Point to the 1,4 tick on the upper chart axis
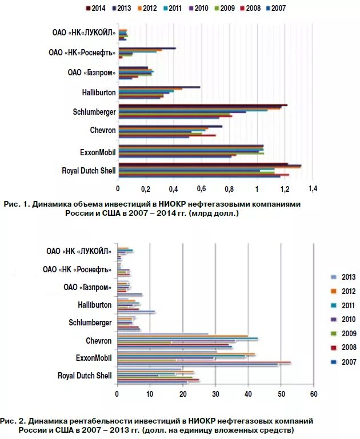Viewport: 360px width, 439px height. click(x=312, y=188)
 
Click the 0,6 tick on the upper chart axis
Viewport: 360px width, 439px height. click(x=201, y=188)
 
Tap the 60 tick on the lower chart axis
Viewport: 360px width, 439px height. click(x=313, y=394)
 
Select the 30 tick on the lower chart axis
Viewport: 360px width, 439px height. click(x=215, y=394)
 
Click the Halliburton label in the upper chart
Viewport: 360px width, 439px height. click(x=99, y=92)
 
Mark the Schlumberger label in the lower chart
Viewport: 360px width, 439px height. click(x=90, y=323)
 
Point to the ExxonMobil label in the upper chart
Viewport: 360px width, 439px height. click(x=98, y=151)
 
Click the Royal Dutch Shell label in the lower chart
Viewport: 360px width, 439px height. click(x=85, y=376)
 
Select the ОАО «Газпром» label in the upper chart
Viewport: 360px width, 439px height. click(x=91, y=72)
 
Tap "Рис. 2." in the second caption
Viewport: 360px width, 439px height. click(x=13, y=420)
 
